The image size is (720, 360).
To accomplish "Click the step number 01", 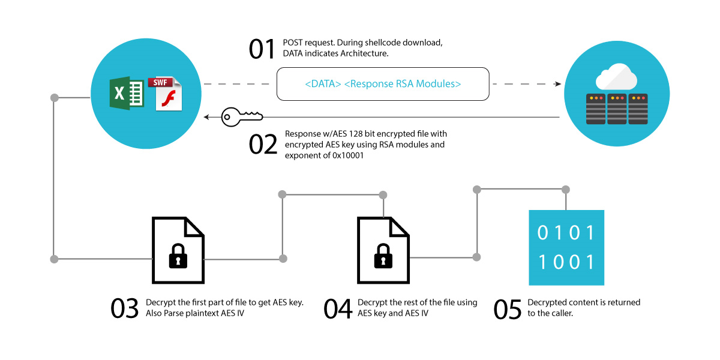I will point(262,49).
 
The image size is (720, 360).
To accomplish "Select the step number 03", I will point(125,308).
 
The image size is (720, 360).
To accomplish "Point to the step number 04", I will point(338,308).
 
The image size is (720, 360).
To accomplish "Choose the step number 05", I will point(508,308).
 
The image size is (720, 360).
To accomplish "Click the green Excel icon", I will point(126,92).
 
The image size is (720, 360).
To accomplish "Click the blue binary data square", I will point(566,247).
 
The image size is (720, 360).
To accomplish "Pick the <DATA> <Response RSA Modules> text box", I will point(383,84).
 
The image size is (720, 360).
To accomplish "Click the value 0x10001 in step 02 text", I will point(333,155).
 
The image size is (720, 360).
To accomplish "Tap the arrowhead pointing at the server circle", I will point(557,84).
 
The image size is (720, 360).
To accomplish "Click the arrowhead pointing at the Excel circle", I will point(206,117).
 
